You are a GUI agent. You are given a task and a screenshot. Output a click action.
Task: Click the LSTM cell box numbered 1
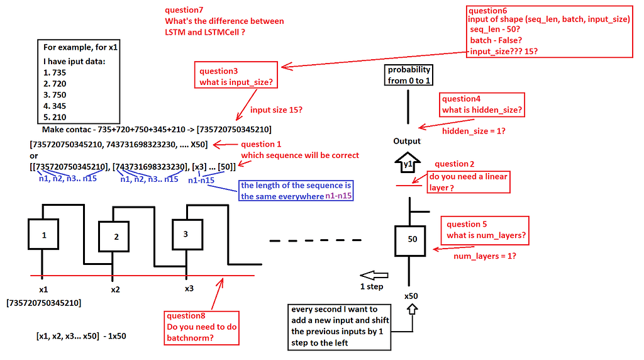44,235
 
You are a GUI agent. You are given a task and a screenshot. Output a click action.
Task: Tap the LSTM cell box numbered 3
185,233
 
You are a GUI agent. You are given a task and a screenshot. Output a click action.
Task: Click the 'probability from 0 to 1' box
409,76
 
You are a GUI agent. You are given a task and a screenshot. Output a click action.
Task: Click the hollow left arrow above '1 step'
376,275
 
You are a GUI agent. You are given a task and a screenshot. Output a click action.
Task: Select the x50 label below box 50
411,295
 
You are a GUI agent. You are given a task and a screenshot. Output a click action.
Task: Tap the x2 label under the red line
115,290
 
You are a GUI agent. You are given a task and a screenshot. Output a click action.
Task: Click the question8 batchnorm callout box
201,327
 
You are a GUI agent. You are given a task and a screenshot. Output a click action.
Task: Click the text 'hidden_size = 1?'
474,131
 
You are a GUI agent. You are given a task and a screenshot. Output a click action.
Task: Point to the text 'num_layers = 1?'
484,256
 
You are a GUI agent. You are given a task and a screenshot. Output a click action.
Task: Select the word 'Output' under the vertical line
407,141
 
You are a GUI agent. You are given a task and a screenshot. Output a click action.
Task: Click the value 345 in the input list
59,106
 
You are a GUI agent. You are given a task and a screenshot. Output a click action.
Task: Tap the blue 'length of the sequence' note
296,191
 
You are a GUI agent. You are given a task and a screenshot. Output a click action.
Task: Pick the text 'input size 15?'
276,110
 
